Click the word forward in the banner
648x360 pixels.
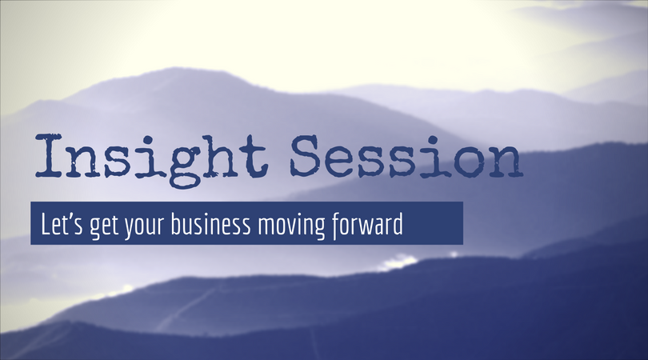tap(364, 223)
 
